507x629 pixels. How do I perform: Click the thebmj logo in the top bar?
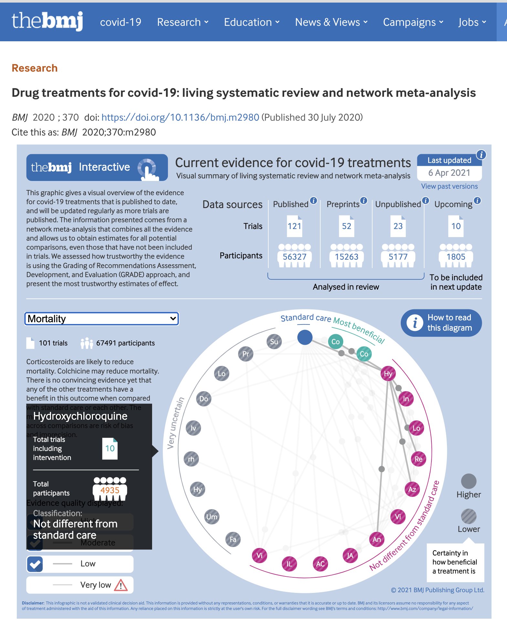pyautogui.click(x=47, y=21)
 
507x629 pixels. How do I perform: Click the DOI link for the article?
pyautogui.click(x=180, y=117)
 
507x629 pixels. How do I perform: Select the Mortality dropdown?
pyautogui.click(x=102, y=319)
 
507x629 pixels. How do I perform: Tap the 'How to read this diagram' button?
pyautogui.click(x=441, y=323)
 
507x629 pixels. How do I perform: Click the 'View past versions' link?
pyautogui.click(x=449, y=186)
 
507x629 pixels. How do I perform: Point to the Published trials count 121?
pyautogui.click(x=295, y=226)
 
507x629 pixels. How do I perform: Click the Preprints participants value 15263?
pyautogui.click(x=347, y=257)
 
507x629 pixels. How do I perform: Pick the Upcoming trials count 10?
pyautogui.click(x=456, y=226)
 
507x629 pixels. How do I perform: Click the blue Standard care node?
pyautogui.click(x=305, y=337)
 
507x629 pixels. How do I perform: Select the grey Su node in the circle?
pyautogui.click(x=274, y=342)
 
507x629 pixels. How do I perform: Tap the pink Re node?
pyautogui.click(x=418, y=459)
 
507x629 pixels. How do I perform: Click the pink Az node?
pyautogui.click(x=412, y=489)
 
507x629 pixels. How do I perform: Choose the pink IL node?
pyautogui.click(x=289, y=564)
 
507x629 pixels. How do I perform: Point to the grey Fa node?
pyautogui.click(x=233, y=539)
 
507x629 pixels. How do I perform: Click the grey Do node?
pyautogui.click(x=203, y=399)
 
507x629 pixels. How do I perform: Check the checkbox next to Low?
pyautogui.click(x=35, y=564)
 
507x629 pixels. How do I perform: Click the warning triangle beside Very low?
pyautogui.click(x=121, y=585)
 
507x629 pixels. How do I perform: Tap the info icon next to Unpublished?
pyautogui.click(x=426, y=201)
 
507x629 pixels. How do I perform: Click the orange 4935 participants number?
pyautogui.click(x=110, y=490)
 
